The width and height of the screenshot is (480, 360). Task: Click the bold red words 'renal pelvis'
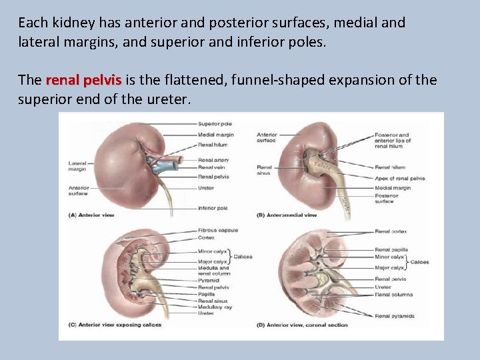(83, 81)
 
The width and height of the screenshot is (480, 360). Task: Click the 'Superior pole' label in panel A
(215, 123)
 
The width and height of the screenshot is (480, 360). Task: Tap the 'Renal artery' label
(213, 160)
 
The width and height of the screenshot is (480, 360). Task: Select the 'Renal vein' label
(211, 168)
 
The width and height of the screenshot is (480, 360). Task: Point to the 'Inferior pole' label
(213, 208)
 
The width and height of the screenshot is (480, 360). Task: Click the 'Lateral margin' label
(77, 166)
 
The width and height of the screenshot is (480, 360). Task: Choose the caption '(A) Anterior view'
(93, 215)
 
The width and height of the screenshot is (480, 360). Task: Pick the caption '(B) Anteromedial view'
(287, 215)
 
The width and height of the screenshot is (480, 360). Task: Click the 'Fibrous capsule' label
(218, 231)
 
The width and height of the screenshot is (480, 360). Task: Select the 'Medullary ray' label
(214, 307)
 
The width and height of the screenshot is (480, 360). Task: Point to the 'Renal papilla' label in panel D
(391, 250)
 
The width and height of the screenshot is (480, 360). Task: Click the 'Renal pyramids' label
(395, 315)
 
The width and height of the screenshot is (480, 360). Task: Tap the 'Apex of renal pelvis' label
(400, 179)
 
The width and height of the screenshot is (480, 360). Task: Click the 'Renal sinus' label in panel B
(265, 170)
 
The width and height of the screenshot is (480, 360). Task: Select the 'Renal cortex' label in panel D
(391, 231)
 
